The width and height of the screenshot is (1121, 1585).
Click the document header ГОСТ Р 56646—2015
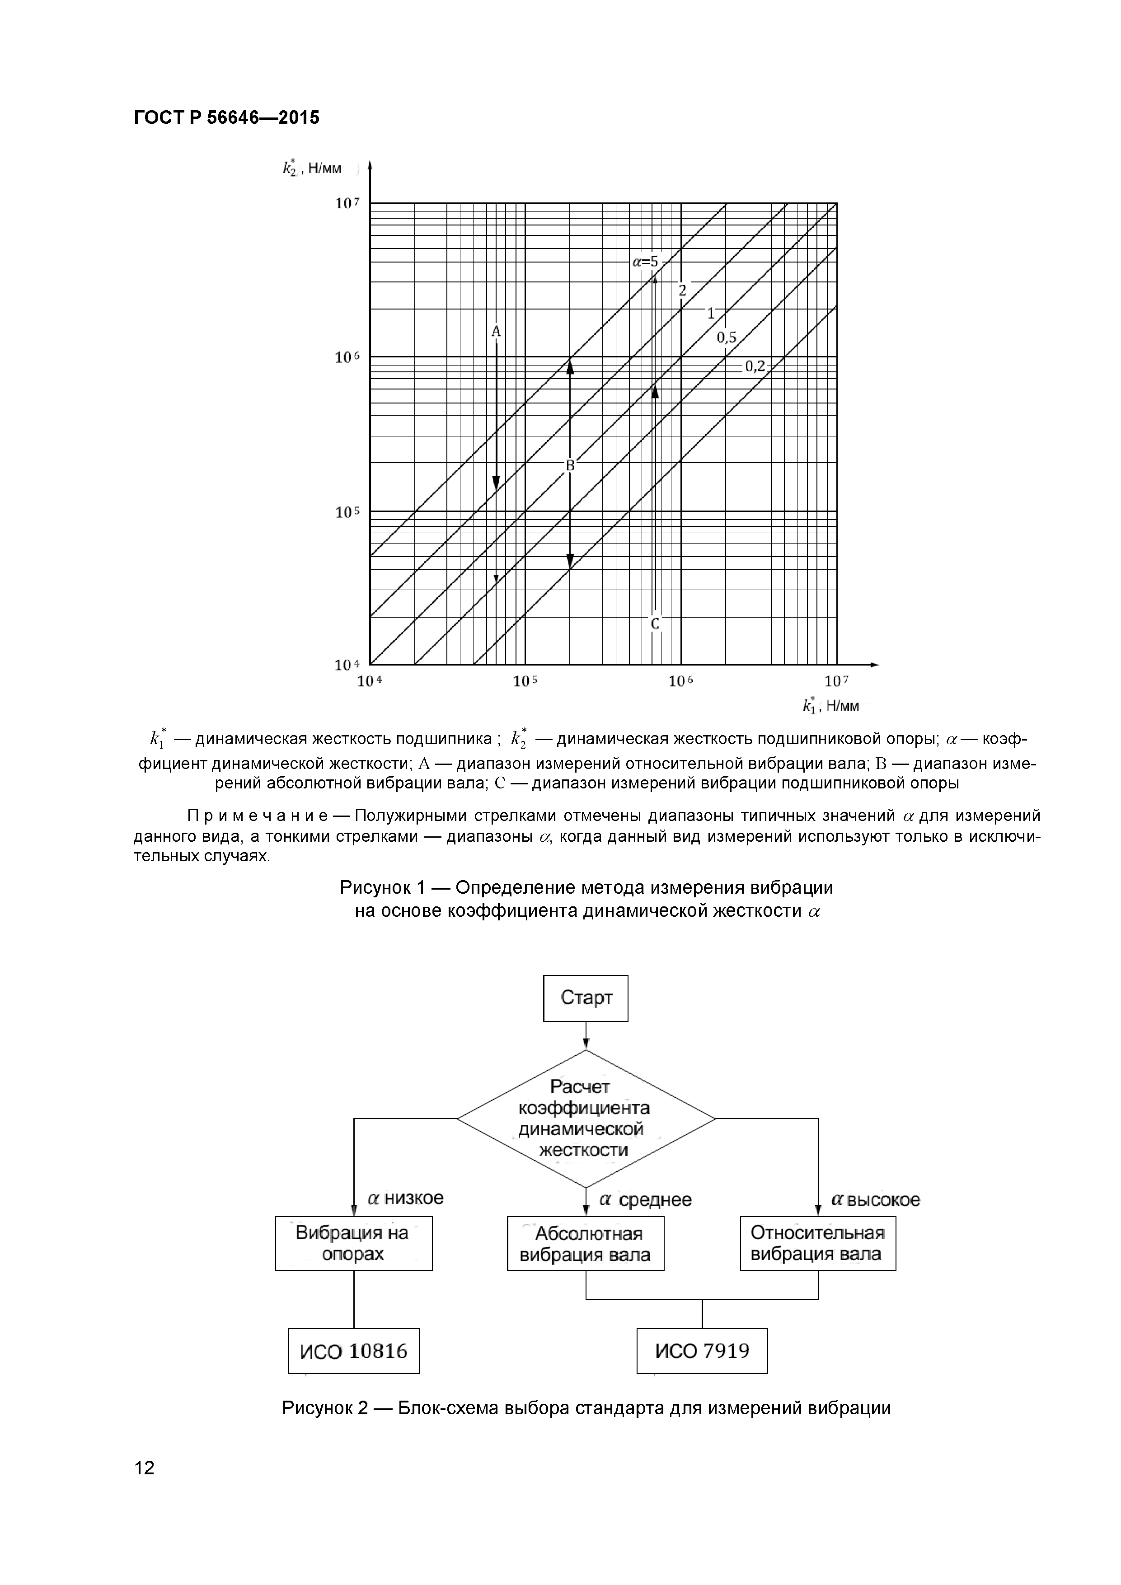point(226,117)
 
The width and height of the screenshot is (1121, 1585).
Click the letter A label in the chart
point(496,332)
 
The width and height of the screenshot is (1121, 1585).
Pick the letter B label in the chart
point(570,466)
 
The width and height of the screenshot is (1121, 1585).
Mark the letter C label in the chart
point(655,624)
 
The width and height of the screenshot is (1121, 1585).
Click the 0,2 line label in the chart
point(755,366)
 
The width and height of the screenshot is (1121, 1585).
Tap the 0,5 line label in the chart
point(726,338)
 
